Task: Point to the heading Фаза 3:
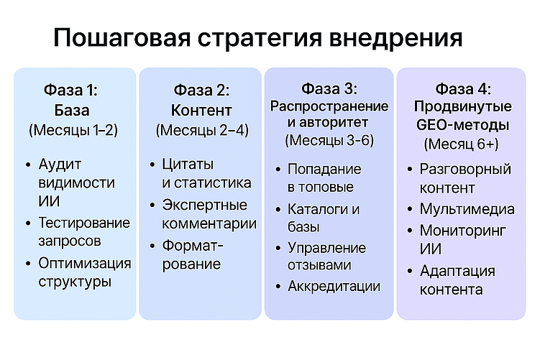(329, 89)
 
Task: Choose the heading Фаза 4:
(463, 89)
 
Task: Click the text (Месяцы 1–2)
(73, 130)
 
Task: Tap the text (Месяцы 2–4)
(201, 131)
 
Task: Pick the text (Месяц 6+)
(462, 144)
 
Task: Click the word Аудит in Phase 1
(60, 165)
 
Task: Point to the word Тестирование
(85, 222)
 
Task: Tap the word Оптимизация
(85, 262)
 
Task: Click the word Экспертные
(205, 205)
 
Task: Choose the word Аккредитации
(334, 286)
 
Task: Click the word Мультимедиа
(467, 210)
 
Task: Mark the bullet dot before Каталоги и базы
(278, 211)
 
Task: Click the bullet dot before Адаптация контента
(411, 272)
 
